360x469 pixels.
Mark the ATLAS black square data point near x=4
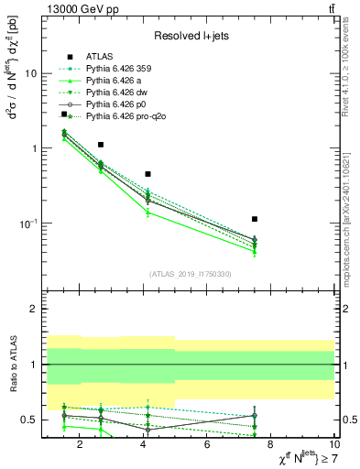147,174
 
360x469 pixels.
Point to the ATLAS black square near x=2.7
101,145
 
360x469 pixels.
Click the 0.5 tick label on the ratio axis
30,420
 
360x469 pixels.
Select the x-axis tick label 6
207,446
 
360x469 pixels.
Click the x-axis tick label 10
333,446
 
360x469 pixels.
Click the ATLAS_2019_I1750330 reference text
190,274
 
